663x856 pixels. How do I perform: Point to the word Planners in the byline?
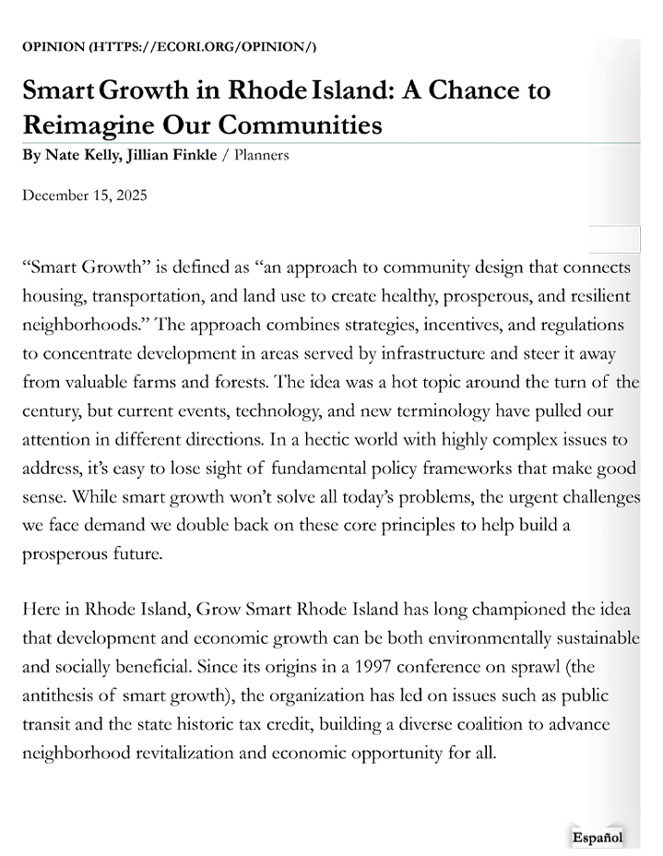coord(262,155)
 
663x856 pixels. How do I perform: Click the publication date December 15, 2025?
coord(85,196)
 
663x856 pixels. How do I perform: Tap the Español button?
coord(598,838)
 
